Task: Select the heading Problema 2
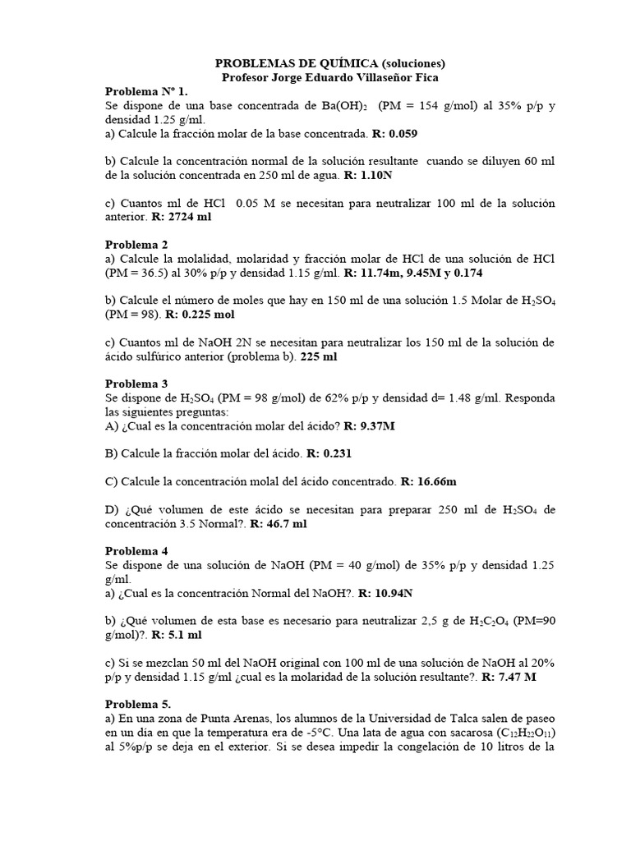point(137,245)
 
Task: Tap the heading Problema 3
point(137,384)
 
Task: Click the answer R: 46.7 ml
point(279,523)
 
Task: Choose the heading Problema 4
point(137,551)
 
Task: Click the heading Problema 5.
point(139,705)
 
